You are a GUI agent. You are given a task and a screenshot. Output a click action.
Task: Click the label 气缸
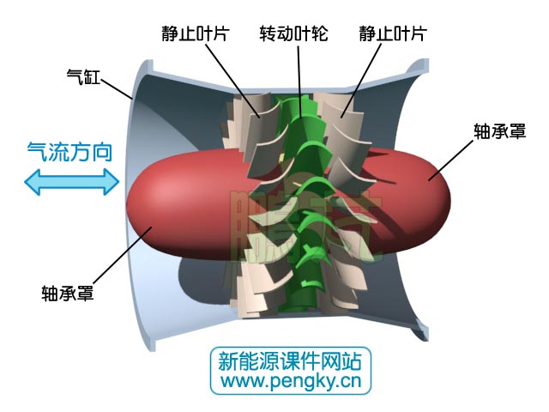tap(84, 76)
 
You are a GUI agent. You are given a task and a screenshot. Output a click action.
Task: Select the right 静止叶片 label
tap(393, 33)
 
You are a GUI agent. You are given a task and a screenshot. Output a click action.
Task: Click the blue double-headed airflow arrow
tap(71, 181)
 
